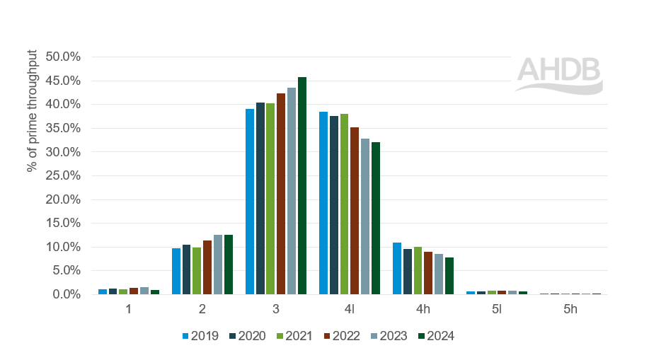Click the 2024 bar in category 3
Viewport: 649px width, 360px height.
[x=302, y=186]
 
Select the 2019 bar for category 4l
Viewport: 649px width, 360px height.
[x=323, y=203]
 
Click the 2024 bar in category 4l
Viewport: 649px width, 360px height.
[x=376, y=219]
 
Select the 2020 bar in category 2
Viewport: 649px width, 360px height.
[x=186, y=269]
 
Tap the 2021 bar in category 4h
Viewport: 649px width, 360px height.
[x=418, y=271]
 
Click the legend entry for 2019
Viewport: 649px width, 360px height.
[x=200, y=336]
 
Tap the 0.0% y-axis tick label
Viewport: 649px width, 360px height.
[x=67, y=294]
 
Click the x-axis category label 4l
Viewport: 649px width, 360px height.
[x=350, y=309]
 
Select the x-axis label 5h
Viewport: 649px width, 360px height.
[x=570, y=309]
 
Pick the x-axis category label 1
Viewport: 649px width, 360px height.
[x=129, y=309]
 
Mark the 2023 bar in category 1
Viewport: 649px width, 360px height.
[x=144, y=291]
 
